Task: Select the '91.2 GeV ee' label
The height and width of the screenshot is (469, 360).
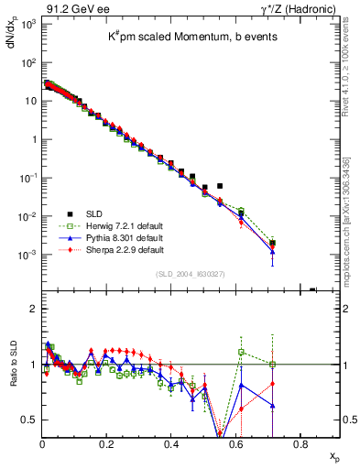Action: (71, 8)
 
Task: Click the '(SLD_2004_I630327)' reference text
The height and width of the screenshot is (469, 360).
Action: (191, 273)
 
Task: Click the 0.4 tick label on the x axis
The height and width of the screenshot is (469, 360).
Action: (171, 446)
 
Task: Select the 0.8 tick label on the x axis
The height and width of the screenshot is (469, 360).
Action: (300, 446)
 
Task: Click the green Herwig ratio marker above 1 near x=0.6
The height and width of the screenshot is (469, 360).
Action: (241, 352)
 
